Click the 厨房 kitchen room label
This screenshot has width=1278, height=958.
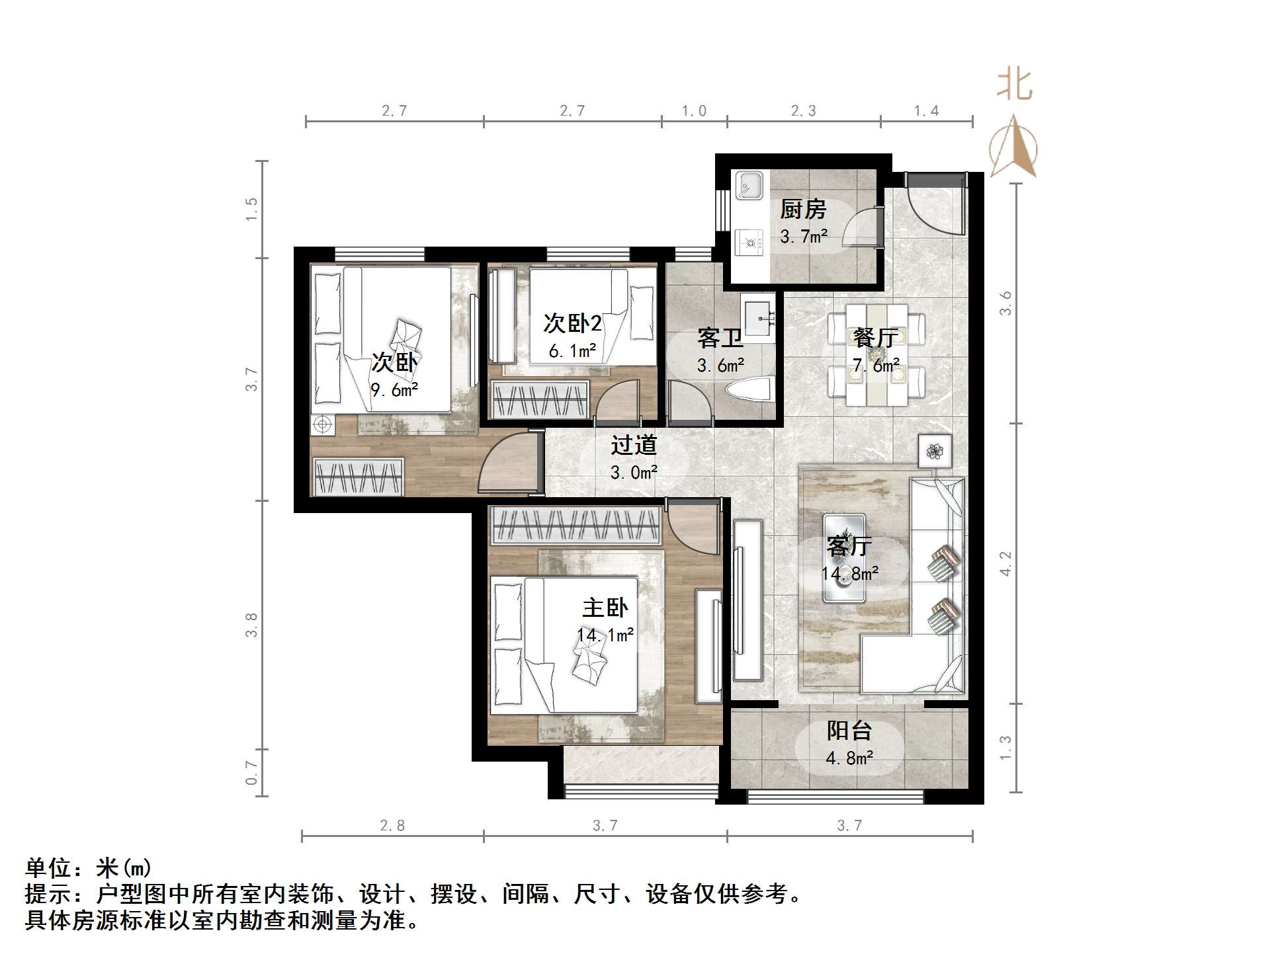(803, 210)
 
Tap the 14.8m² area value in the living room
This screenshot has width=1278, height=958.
(849, 573)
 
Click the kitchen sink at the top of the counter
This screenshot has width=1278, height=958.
(749, 185)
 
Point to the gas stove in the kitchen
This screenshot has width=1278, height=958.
(749, 242)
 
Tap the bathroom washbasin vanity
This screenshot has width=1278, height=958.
(757, 317)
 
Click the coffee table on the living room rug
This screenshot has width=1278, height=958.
(844, 559)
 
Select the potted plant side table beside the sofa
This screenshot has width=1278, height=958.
(935, 452)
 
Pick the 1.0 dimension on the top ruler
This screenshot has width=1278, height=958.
(694, 110)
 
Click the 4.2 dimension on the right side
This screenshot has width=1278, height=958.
(1005, 563)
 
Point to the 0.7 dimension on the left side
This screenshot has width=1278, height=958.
(251, 772)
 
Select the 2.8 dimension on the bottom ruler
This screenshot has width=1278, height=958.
(392, 825)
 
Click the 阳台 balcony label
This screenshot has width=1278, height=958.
(849, 731)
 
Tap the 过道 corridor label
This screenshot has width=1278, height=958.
(633, 445)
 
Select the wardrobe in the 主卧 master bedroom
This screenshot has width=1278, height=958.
(575, 526)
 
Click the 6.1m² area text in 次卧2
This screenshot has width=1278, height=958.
(572, 351)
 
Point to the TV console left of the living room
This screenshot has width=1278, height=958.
(747, 600)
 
